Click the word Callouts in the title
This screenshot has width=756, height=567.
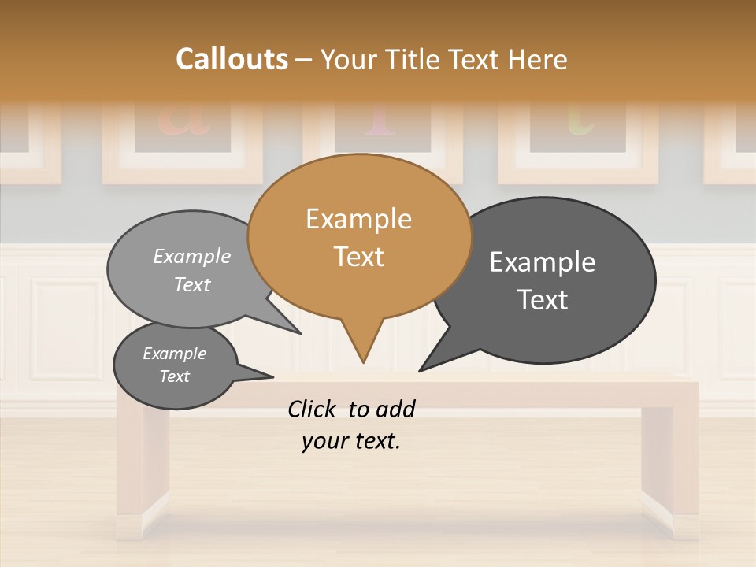(232, 59)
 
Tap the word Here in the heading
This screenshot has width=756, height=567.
(538, 59)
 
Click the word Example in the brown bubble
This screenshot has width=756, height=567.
(359, 219)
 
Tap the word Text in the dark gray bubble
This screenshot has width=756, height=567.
(543, 300)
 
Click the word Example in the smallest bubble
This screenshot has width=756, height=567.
(175, 354)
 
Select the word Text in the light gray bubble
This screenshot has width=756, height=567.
(192, 284)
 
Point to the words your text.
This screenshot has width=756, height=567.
(351, 441)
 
